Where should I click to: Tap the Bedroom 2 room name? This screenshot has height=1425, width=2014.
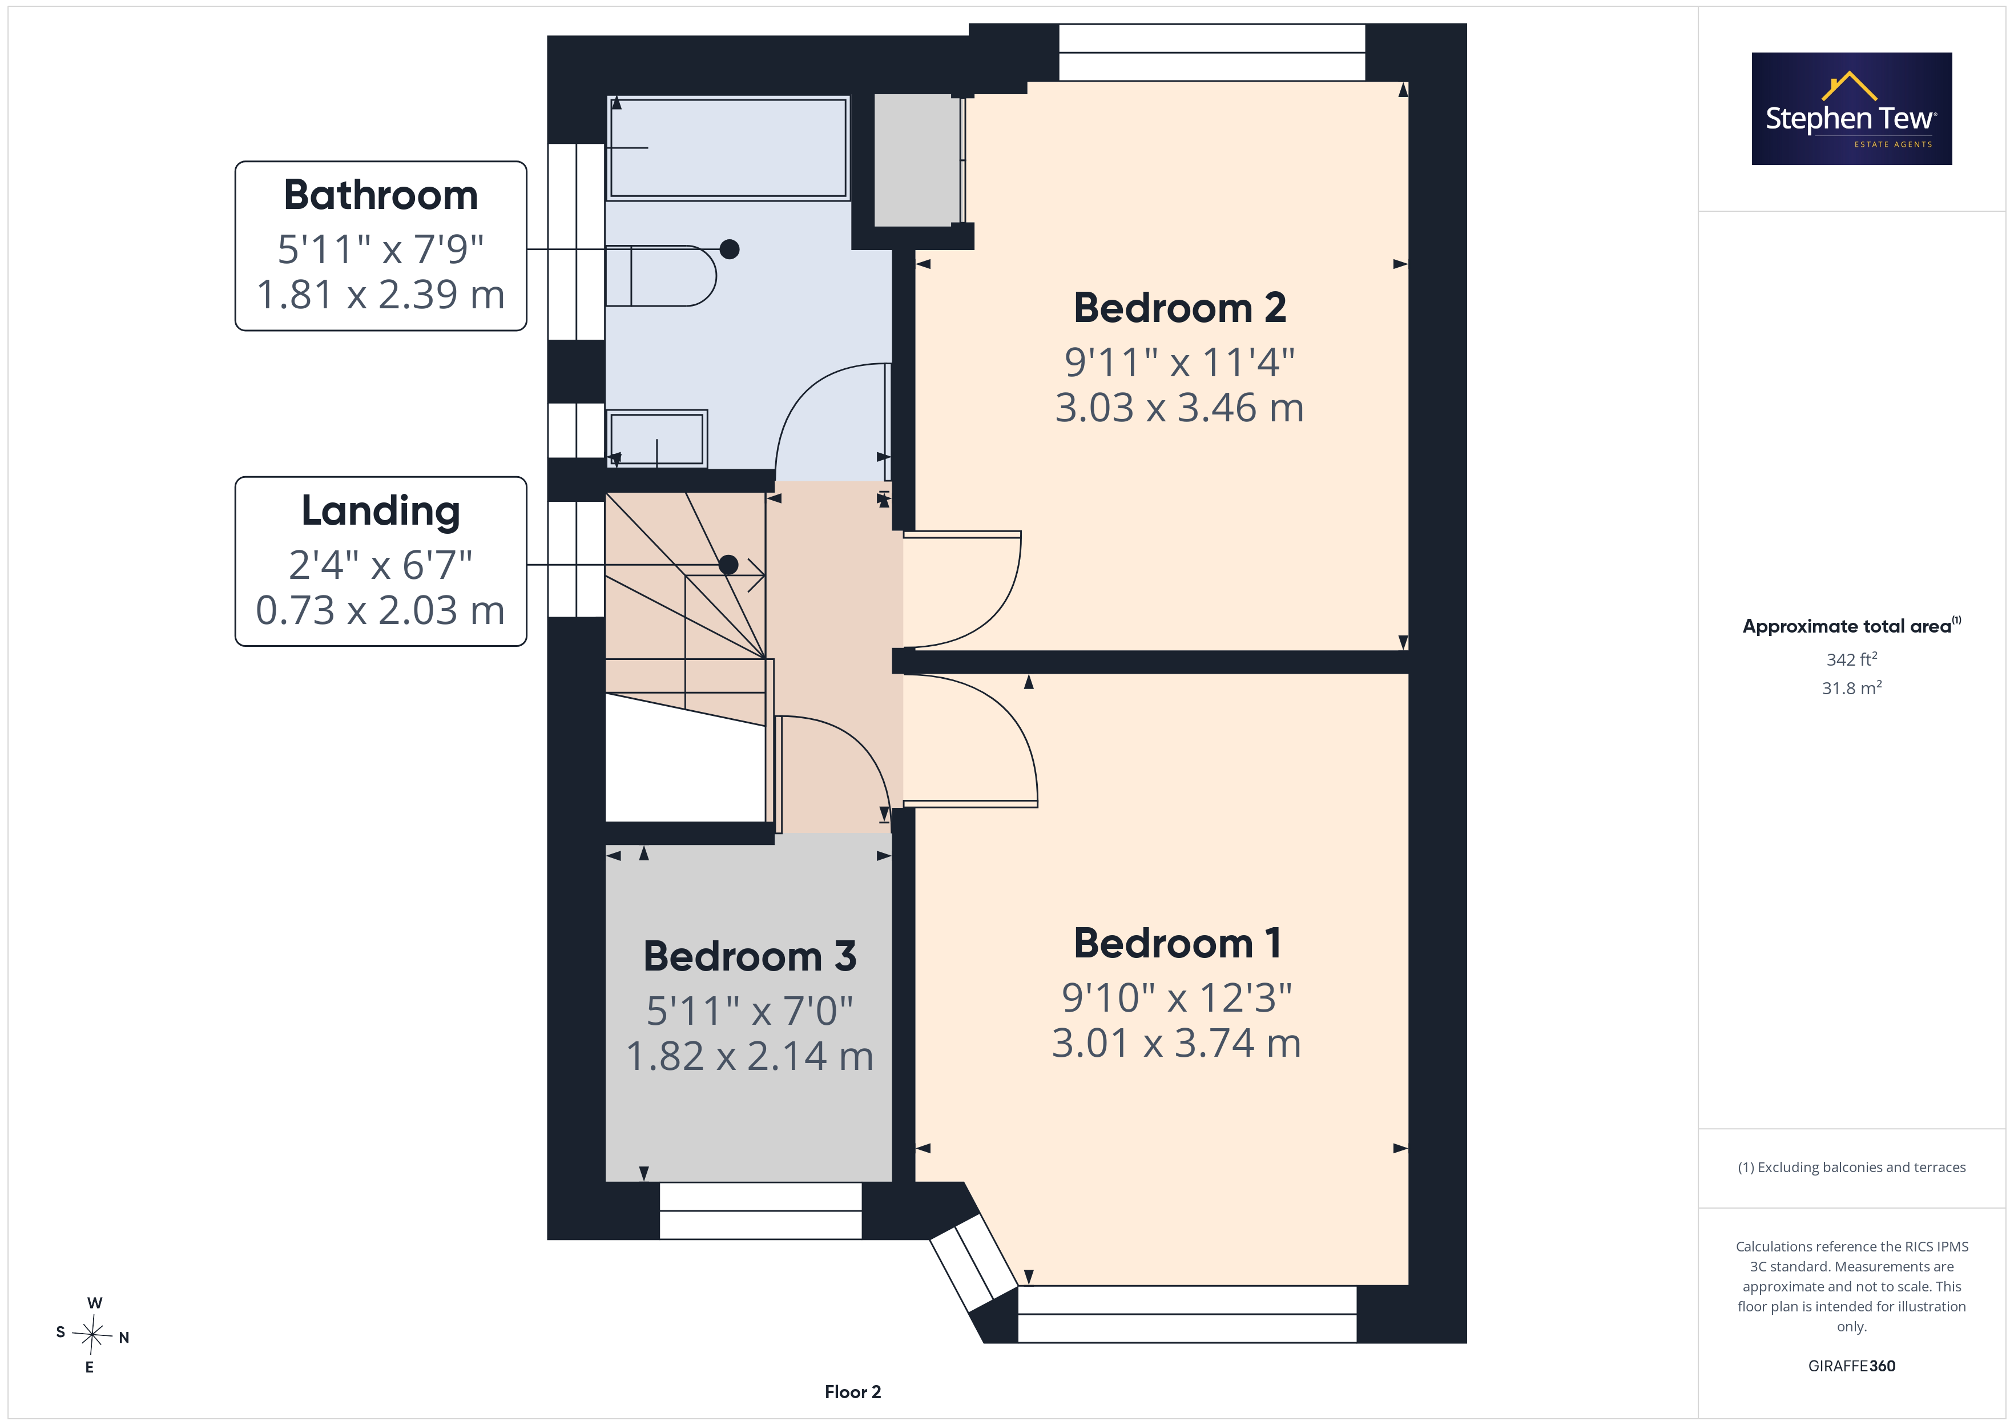pyautogui.click(x=1180, y=308)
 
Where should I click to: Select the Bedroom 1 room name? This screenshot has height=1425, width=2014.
pyautogui.click(x=1177, y=943)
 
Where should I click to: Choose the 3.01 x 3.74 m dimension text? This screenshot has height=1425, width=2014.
pyautogui.click(x=1177, y=1043)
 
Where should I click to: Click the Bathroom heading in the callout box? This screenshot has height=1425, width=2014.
pyautogui.click(x=381, y=195)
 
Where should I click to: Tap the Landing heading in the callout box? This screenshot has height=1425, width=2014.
pyautogui.click(x=381, y=512)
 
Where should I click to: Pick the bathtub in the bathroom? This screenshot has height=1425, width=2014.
pyautogui.click(x=728, y=147)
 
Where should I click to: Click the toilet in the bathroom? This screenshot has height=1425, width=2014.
pyautogui.click(x=660, y=276)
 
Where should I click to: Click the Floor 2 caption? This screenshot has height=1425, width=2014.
pyautogui.click(x=853, y=1392)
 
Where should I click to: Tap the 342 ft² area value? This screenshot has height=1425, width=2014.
pyautogui.click(x=1852, y=659)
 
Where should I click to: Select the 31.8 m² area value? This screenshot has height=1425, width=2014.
pyautogui.click(x=1852, y=688)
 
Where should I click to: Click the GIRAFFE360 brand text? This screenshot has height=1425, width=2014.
pyautogui.click(x=1852, y=1366)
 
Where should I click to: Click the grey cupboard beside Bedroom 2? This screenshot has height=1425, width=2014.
pyautogui.click(x=917, y=160)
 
